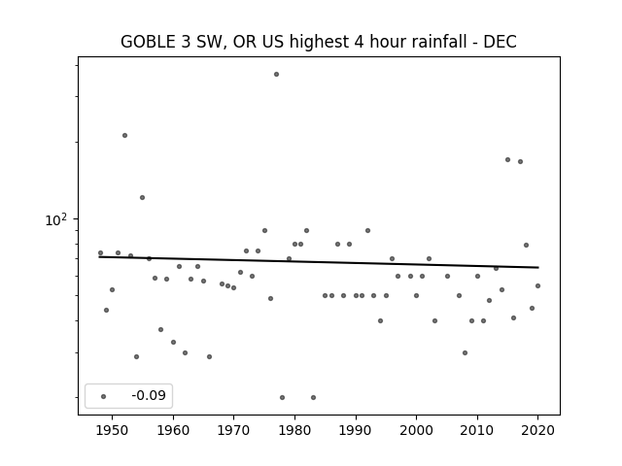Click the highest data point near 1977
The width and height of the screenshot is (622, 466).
pyautogui.click(x=276, y=75)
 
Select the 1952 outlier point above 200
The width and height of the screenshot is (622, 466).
pyautogui.click(x=125, y=136)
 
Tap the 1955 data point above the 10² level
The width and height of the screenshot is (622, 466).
pyautogui.click(x=143, y=198)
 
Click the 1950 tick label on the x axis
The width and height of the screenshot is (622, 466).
pyautogui.click(x=113, y=430)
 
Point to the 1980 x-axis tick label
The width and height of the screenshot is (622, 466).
pyautogui.click(x=294, y=430)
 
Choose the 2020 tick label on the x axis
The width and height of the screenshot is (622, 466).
pyautogui.click(x=537, y=430)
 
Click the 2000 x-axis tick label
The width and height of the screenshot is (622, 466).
pyautogui.click(x=416, y=430)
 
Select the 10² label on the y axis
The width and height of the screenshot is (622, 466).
pyautogui.click(x=56, y=220)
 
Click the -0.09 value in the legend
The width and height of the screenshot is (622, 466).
pyautogui.click(x=149, y=395)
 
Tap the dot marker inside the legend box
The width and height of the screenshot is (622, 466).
pyautogui.click(x=104, y=396)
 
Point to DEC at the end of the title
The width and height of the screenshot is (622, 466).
pyautogui.click(x=500, y=42)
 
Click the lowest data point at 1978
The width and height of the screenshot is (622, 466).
pyautogui.click(x=283, y=397)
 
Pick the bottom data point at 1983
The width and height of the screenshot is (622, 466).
pyautogui.click(x=313, y=397)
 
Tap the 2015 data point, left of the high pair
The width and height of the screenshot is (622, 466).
pyautogui.click(x=507, y=159)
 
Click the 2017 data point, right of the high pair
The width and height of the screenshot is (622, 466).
pyautogui.click(x=521, y=162)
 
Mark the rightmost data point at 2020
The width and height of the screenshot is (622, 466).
pyautogui.click(x=537, y=285)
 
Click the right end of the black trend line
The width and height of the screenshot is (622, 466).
pyautogui.click(x=538, y=268)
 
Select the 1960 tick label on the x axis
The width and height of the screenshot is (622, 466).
pyautogui.click(x=173, y=430)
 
